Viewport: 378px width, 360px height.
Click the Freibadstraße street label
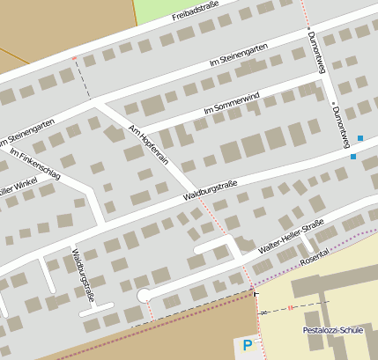pos(196,14)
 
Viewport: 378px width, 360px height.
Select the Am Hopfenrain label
pos(147,144)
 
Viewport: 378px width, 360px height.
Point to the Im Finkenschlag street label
pos(34,165)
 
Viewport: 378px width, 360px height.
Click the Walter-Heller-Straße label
pos(291,237)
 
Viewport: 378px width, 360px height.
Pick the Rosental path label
pos(315,253)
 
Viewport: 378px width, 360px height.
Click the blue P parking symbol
pos(247,346)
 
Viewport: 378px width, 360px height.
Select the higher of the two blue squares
pos(359,138)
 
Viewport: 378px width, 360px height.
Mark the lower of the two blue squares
pos(352,157)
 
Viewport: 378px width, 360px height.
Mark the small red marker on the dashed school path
pos(290,308)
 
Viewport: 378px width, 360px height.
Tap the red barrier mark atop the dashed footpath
pos(74,59)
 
